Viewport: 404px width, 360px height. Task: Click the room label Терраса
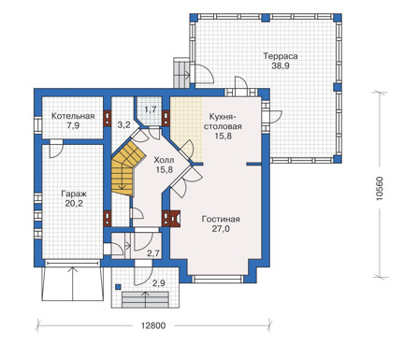(281, 56)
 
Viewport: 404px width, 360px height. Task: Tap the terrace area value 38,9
(281, 66)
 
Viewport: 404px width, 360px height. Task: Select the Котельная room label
(73, 116)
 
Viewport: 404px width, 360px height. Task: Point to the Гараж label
(74, 194)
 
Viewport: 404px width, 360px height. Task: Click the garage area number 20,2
(74, 204)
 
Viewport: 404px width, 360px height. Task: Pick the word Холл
(164, 160)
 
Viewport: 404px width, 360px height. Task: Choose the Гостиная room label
(221, 219)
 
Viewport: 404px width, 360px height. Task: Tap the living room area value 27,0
(221, 229)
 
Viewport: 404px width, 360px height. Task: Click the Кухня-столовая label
(225, 122)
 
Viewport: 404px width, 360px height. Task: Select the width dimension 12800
(153, 325)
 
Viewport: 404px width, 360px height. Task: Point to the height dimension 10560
(380, 189)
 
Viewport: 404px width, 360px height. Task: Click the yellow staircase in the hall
(126, 168)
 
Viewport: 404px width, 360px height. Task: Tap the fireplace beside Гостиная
(171, 219)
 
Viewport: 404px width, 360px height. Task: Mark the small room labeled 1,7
(151, 109)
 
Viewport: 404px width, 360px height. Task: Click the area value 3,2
(123, 125)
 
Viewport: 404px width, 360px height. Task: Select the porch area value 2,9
(158, 283)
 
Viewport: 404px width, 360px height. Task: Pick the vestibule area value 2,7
(153, 253)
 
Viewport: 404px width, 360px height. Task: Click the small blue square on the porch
(118, 287)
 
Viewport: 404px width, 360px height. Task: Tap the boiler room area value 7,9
(73, 126)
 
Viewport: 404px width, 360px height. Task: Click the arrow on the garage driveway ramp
(74, 283)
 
